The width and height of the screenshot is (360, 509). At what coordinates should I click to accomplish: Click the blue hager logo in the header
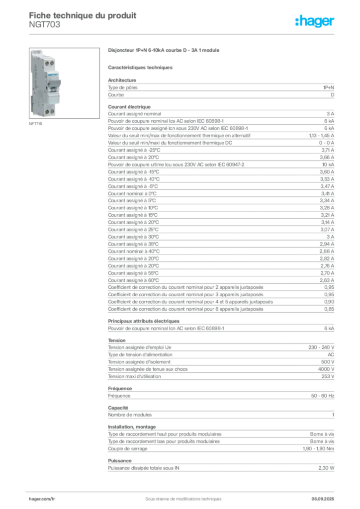coord(316,22)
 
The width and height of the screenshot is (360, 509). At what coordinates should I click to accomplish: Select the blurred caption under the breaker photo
coord(35,124)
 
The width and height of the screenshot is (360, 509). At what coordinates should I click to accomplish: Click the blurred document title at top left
coord(82,15)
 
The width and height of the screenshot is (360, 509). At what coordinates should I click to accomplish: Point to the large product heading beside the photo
coord(165,51)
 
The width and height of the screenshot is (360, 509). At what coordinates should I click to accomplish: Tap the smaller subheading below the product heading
coord(141,67)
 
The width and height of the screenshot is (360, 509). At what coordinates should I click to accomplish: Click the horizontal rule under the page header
coord(183,34)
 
